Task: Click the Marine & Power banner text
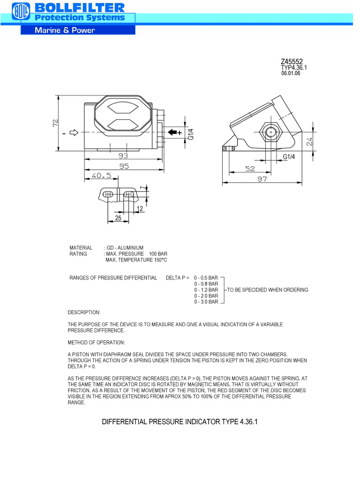tap(65, 30)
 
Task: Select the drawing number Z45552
tap(292, 61)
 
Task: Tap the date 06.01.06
tap(291, 74)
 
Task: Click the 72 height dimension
tap(56, 123)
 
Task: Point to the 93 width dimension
tap(123, 155)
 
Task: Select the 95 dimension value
tap(124, 166)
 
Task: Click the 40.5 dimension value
tap(101, 176)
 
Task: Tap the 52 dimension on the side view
tap(250, 169)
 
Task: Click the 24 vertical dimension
tap(309, 142)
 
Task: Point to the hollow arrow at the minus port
tap(74, 133)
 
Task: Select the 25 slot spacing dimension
tap(118, 218)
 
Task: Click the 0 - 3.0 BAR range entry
tap(206, 302)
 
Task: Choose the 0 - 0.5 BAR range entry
tap(206, 278)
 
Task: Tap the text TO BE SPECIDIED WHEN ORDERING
tap(268, 290)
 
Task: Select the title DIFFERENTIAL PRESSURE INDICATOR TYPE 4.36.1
tap(180, 422)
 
